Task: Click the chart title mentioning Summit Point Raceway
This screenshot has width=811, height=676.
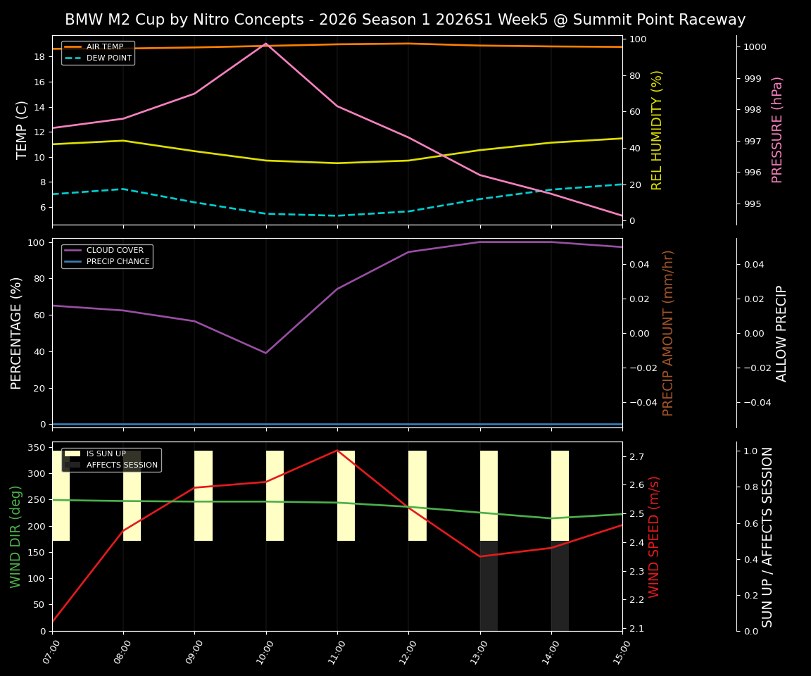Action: [x=405, y=20]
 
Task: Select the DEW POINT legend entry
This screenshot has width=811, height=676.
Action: [x=108, y=58]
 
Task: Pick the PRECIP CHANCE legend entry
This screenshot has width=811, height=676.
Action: [x=118, y=262]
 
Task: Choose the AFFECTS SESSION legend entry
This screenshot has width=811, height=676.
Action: [x=121, y=465]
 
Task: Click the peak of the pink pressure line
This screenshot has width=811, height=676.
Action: [x=265, y=44]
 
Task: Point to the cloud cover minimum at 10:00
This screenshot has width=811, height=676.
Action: [x=265, y=353]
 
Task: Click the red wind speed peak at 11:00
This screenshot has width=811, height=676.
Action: [x=337, y=451]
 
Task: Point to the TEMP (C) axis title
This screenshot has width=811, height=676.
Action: [x=23, y=130]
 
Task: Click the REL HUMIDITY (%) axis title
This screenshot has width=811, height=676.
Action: [x=658, y=130]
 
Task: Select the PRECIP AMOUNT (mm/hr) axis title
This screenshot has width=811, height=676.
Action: [x=668, y=332]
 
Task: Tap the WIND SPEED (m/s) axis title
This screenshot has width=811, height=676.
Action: [x=654, y=536]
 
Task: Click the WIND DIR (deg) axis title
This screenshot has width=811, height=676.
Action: [x=16, y=536]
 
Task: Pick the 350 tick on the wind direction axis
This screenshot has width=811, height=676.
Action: [x=38, y=448]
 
